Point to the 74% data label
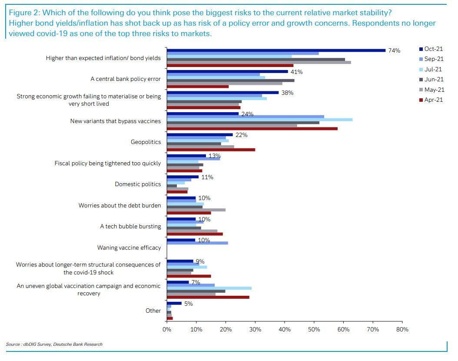point(394,51)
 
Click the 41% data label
point(296,72)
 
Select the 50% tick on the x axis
point(314,329)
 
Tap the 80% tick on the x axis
point(402,329)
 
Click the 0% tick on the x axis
point(167,329)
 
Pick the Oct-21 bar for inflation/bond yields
point(276,50)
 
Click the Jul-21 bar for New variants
point(259,120)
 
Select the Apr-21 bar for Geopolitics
point(211,150)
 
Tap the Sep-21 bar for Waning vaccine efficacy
point(197,243)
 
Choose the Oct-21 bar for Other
point(174,303)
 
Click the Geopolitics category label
point(146,142)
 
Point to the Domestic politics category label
point(138,184)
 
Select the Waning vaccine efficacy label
point(129,248)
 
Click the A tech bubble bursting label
point(130,227)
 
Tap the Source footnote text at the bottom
point(54,344)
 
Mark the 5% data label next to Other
point(188,304)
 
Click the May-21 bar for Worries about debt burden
point(196,210)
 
